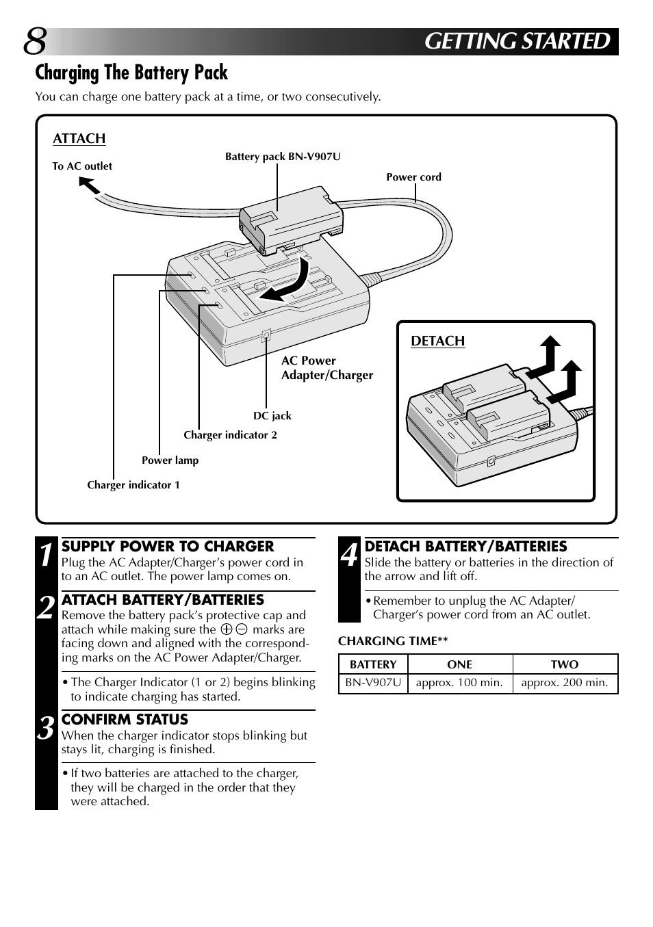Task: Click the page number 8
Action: (x=35, y=42)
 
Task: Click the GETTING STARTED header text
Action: (x=517, y=42)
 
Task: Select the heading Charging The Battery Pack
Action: (x=131, y=73)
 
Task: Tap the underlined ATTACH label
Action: (x=79, y=139)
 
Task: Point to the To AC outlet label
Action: (x=82, y=166)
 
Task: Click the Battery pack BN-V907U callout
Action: (x=283, y=157)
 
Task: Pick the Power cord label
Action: (x=413, y=177)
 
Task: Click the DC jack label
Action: (x=272, y=416)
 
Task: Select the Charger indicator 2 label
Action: (x=230, y=435)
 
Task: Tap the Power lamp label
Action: (x=170, y=460)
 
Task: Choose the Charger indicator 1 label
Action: (x=133, y=485)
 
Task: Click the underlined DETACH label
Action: (x=437, y=341)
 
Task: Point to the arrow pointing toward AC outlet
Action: (x=89, y=185)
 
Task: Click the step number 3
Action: (x=46, y=729)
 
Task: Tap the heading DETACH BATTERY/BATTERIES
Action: (x=465, y=547)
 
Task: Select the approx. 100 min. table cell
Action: (x=459, y=683)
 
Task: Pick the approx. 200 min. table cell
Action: (x=564, y=683)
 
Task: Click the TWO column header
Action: (x=564, y=664)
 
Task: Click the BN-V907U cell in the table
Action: (x=373, y=683)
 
